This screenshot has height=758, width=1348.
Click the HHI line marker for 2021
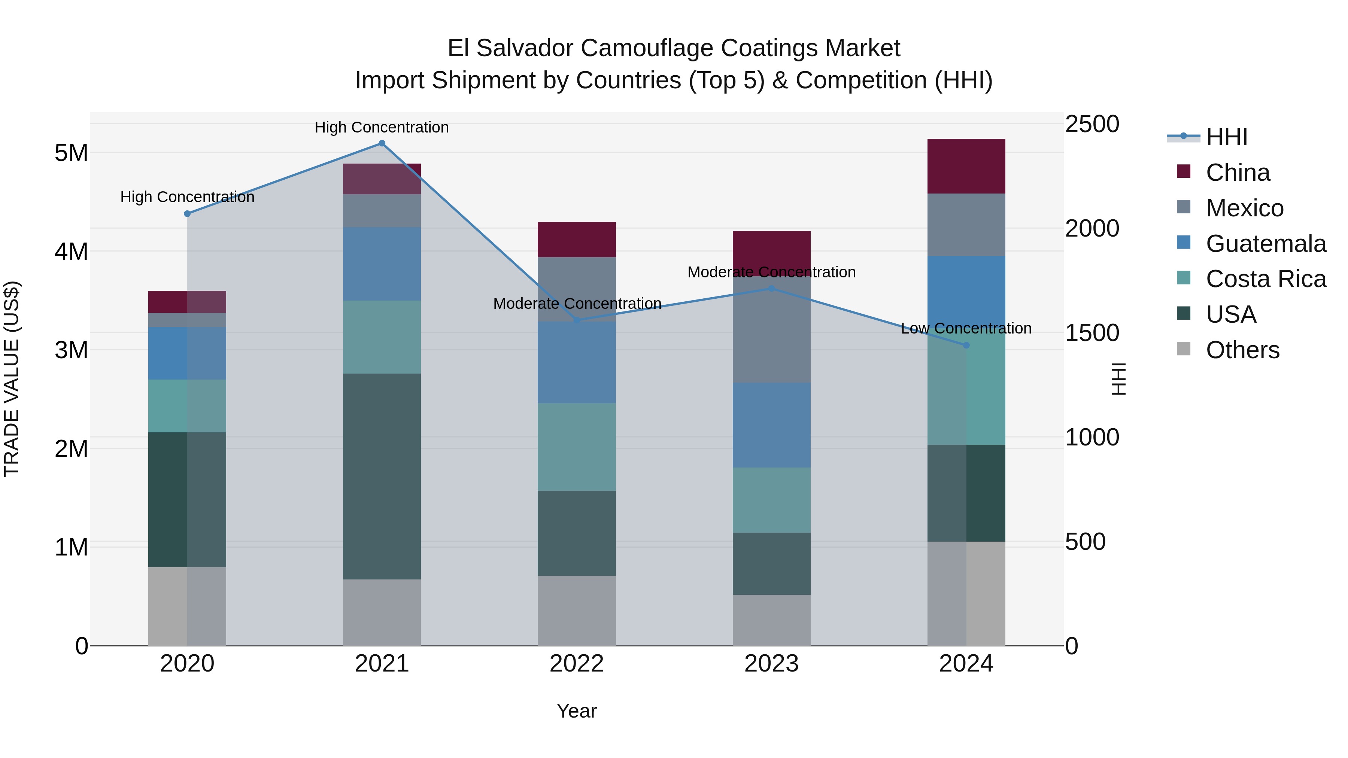(x=382, y=143)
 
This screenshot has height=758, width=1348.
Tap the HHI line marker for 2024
(x=966, y=345)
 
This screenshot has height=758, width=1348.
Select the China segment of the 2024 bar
(x=966, y=166)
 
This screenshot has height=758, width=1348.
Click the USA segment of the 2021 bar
(x=382, y=476)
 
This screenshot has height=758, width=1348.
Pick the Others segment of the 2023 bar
(x=771, y=620)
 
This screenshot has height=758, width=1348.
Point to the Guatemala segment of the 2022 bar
(x=577, y=362)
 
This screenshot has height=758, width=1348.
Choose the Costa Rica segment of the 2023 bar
(x=771, y=500)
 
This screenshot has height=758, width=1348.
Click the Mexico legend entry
(x=1244, y=208)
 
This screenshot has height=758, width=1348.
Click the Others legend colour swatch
(x=1184, y=349)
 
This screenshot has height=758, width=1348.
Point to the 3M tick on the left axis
(x=71, y=350)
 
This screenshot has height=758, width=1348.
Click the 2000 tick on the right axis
(x=1092, y=229)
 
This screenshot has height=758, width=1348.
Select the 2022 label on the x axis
(x=577, y=664)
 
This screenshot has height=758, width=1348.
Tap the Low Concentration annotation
(x=966, y=329)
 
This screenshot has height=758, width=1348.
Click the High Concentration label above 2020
(x=187, y=197)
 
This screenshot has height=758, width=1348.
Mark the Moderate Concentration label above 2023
(x=771, y=272)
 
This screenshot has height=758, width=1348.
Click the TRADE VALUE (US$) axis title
(x=12, y=379)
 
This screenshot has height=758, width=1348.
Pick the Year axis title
(x=577, y=711)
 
